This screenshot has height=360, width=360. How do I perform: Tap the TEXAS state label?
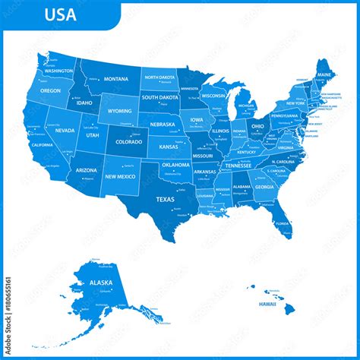(165, 199)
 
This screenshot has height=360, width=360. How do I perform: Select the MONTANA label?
(115, 79)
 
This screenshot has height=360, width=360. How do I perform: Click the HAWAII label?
(267, 304)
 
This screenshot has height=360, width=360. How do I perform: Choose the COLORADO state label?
(128, 141)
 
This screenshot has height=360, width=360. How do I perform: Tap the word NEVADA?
(65, 131)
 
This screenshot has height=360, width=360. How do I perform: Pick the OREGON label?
(50, 90)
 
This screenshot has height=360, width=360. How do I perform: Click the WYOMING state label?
(119, 110)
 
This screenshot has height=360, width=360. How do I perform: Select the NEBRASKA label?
(163, 124)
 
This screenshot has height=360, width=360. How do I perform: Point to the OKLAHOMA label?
(175, 165)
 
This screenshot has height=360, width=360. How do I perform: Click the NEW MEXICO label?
(120, 176)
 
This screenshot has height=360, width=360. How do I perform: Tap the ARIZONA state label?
(86, 170)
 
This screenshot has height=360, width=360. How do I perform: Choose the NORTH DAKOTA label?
(160, 77)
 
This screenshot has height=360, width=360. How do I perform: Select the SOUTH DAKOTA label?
(160, 97)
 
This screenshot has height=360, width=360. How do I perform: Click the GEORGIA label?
(264, 187)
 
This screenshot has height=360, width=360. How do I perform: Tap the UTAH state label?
(92, 135)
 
